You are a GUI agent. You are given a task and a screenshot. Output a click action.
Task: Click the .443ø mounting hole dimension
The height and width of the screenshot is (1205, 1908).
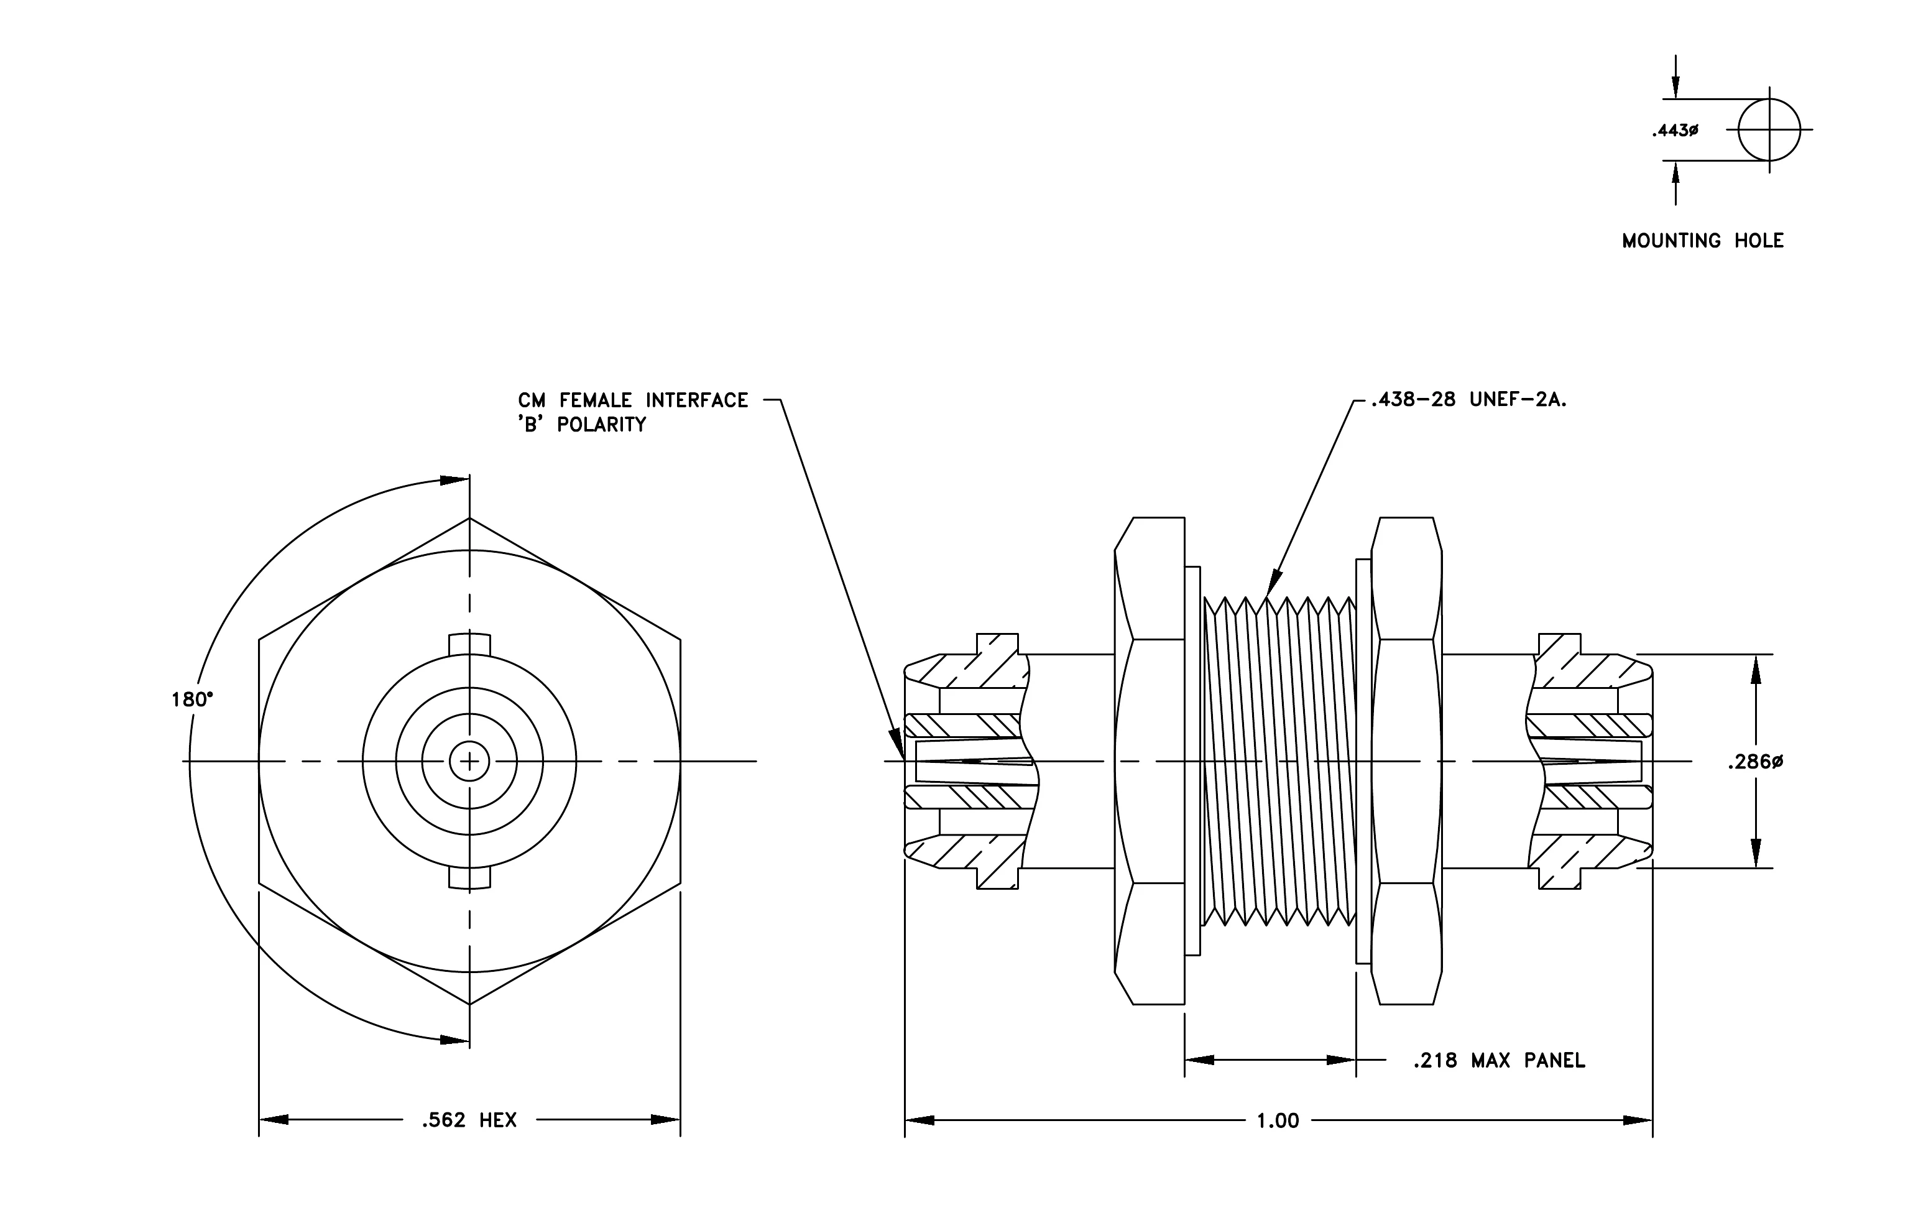point(1674,131)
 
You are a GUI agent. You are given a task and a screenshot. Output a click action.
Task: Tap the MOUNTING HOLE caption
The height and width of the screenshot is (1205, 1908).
point(1703,241)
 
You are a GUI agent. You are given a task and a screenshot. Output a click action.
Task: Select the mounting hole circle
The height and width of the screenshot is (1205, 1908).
point(1769,99)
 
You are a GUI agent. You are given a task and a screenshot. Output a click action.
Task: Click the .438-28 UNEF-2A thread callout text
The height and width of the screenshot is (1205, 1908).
point(1468,400)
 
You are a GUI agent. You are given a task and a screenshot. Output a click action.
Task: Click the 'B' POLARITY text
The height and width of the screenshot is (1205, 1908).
point(583,425)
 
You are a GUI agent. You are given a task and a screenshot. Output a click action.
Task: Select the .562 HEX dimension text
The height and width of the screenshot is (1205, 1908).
point(469,1120)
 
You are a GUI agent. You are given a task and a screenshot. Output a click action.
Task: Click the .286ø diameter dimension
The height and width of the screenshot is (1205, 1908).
point(1755,762)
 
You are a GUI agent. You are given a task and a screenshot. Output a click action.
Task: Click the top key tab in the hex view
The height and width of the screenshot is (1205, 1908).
point(470,644)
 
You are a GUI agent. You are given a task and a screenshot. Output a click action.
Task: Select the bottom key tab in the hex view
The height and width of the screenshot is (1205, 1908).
point(470,879)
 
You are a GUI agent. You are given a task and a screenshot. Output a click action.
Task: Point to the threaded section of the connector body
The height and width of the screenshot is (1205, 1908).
point(1279,760)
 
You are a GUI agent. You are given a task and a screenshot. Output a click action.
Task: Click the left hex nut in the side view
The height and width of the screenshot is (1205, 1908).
point(1150,760)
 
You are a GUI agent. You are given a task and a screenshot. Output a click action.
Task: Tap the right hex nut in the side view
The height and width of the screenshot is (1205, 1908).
point(1406,760)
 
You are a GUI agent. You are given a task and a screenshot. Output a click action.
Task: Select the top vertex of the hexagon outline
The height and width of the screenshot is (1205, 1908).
point(470,518)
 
